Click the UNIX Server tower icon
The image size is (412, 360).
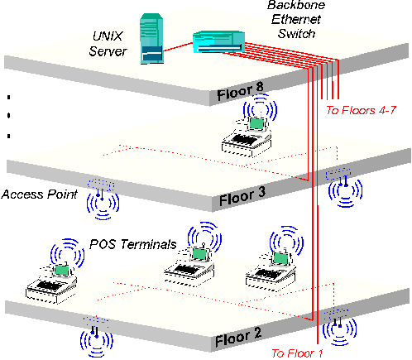tap(151, 39)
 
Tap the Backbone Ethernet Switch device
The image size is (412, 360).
tap(218, 41)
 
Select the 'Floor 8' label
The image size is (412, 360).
tap(240, 92)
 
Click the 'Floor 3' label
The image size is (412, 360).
tap(242, 196)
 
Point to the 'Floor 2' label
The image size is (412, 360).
tap(238, 337)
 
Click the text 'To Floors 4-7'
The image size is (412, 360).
tap(361, 110)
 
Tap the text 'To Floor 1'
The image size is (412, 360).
tap(297, 353)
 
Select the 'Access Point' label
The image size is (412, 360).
tap(40, 194)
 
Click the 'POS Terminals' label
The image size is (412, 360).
tap(133, 244)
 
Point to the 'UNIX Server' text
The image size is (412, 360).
tap(108, 44)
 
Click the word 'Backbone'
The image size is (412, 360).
tap(296, 6)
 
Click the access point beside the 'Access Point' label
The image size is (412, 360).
tap(102, 199)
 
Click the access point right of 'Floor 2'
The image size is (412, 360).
tap(339, 327)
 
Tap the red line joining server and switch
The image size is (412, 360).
tap(178, 47)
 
